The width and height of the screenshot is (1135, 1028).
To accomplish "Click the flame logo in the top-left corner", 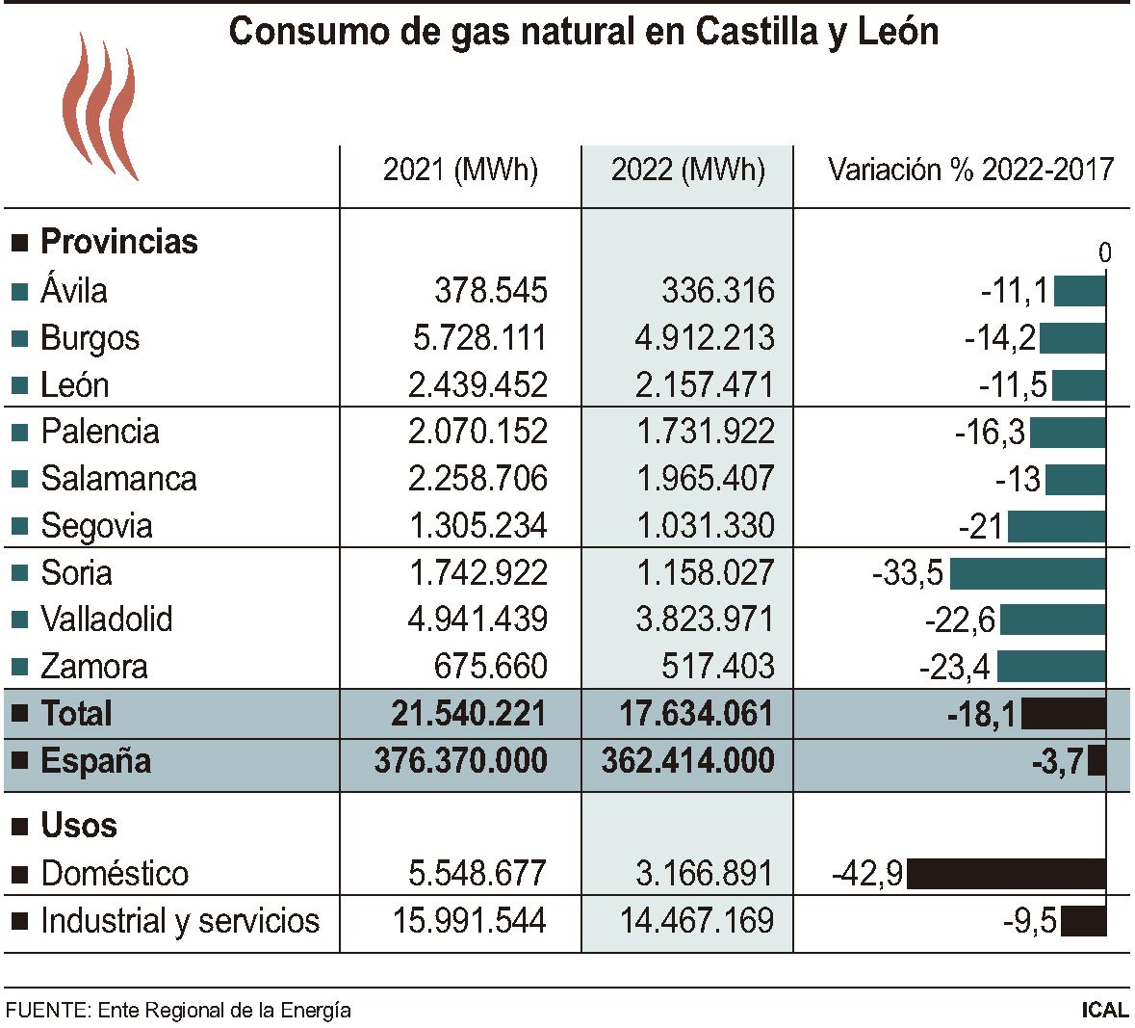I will [99, 106].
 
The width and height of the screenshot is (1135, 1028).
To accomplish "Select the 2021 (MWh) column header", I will [460, 171].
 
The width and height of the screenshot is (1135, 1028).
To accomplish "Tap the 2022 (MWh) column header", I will [687, 171].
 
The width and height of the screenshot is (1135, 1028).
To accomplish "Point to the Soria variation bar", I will [1027, 573].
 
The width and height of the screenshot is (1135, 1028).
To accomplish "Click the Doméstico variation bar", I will [1006, 874].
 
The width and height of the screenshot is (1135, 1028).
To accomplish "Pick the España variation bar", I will [1096, 762].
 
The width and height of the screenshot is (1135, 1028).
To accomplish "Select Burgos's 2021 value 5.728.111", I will [477, 338].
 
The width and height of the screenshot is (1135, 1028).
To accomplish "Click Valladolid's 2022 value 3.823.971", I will [705, 619].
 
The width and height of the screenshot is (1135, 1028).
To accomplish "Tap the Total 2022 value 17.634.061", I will [687, 714].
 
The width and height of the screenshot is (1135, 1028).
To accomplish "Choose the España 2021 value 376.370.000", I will [460, 761].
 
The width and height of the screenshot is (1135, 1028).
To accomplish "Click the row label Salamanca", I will [118, 479].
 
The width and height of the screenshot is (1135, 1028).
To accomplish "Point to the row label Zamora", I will [94, 667].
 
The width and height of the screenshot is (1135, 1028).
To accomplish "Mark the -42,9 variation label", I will [867, 874].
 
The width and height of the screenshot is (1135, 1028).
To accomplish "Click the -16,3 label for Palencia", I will [990, 432].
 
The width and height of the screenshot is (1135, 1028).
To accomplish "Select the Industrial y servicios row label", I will [180, 921].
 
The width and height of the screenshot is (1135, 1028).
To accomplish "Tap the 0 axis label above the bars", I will [1104, 253].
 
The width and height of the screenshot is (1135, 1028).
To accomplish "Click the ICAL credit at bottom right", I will [1104, 1010].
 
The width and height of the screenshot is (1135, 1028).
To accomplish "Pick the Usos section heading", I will [79, 826].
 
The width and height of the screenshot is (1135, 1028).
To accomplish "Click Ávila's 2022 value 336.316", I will [718, 291].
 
